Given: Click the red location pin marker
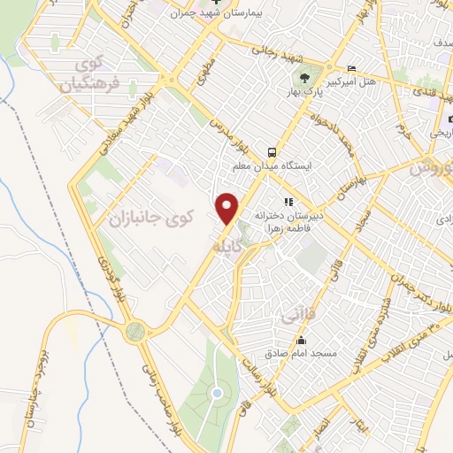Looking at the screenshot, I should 228,208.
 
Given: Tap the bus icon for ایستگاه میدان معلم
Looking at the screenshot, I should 274,150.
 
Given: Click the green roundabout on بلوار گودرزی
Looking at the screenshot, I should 135,331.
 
